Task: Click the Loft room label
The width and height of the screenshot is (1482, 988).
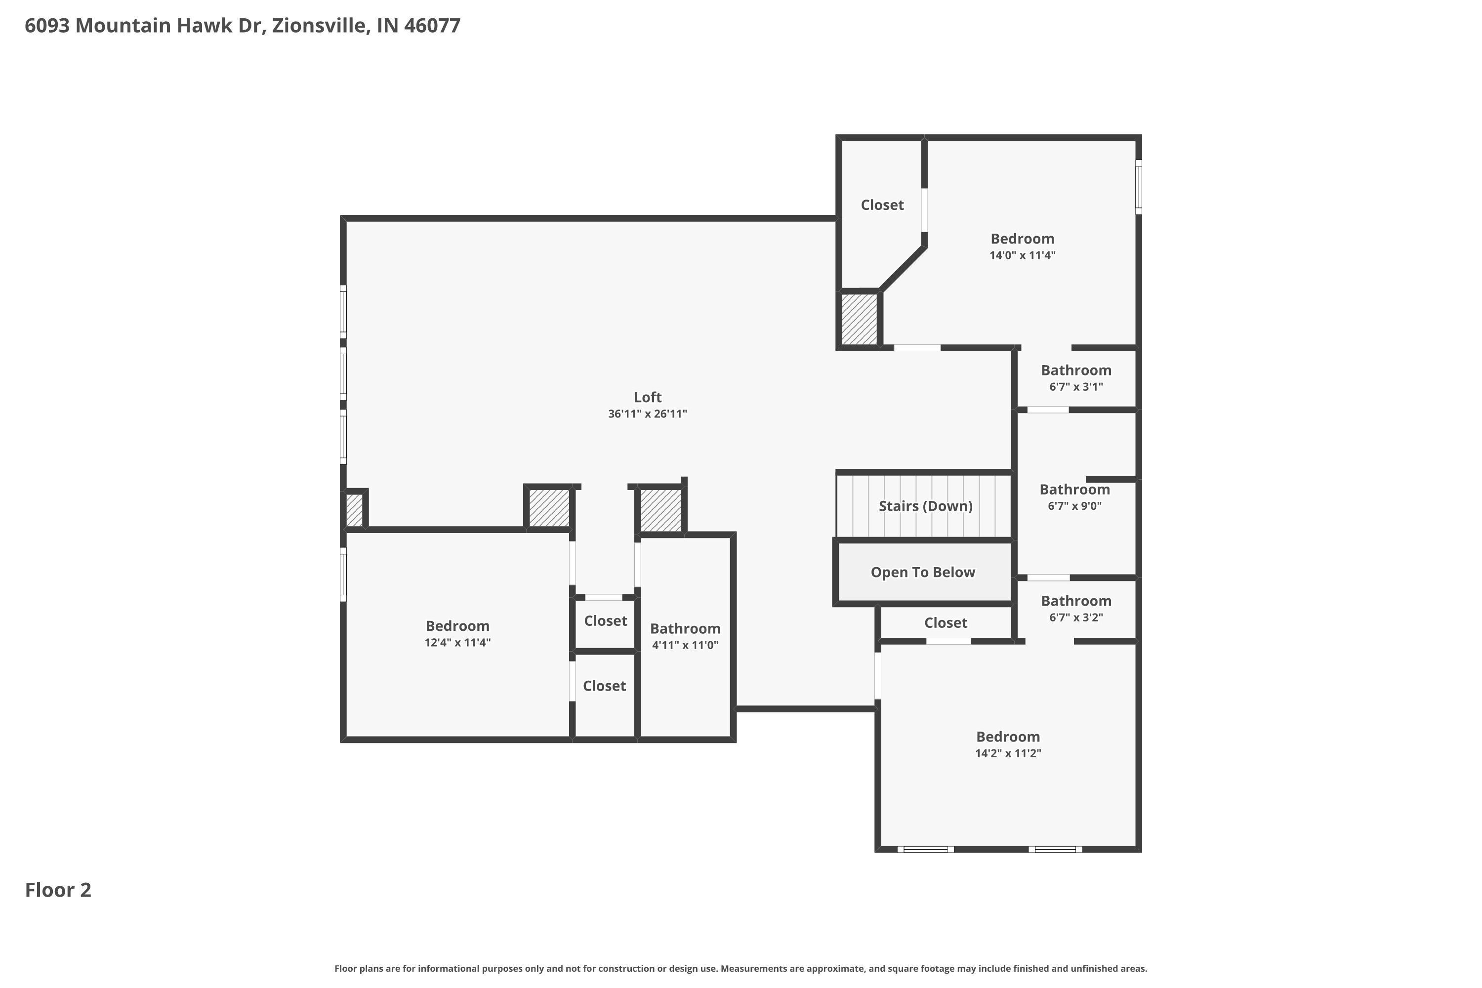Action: (x=647, y=397)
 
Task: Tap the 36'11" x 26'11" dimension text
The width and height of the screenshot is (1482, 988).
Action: (x=647, y=414)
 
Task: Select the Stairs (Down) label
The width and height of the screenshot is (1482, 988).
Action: (x=925, y=506)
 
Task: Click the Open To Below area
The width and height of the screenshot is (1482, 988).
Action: (x=922, y=572)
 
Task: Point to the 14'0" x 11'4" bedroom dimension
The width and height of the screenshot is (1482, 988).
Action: (x=1022, y=255)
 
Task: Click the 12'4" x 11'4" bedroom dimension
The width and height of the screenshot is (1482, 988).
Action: (x=457, y=643)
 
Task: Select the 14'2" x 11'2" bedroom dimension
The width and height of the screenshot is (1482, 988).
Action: (x=1008, y=753)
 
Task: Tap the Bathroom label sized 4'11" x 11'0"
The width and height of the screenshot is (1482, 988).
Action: (x=685, y=628)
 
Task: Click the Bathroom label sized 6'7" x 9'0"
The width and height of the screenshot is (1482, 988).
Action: (x=1074, y=490)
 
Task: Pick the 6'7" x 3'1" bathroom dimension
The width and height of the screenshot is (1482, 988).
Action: (x=1075, y=387)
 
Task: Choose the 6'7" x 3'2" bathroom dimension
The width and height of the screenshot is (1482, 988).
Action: (x=1075, y=617)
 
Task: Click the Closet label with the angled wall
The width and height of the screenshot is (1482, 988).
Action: (x=882, y=205)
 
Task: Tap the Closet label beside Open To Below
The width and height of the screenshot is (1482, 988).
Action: (x=945, y=622)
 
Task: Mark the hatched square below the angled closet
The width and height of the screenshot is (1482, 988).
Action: (x=860, y=320)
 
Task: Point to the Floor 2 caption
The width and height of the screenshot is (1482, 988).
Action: (x=58, y=890)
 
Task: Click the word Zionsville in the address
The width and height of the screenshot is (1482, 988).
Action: (x=321, y=25)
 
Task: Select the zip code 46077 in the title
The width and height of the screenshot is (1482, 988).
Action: (x=432, y=25)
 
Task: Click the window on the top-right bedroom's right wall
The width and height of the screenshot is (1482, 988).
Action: (x=1139, y=187)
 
